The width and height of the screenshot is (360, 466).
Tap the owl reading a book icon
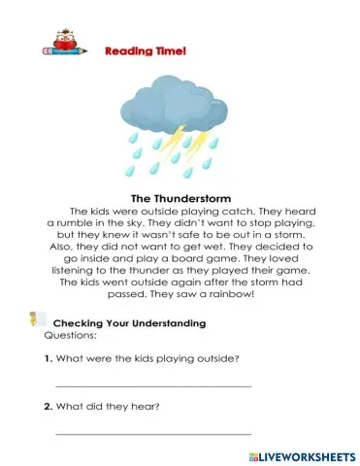click(60, 46)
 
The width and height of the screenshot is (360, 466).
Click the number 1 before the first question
click(48, 359)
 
